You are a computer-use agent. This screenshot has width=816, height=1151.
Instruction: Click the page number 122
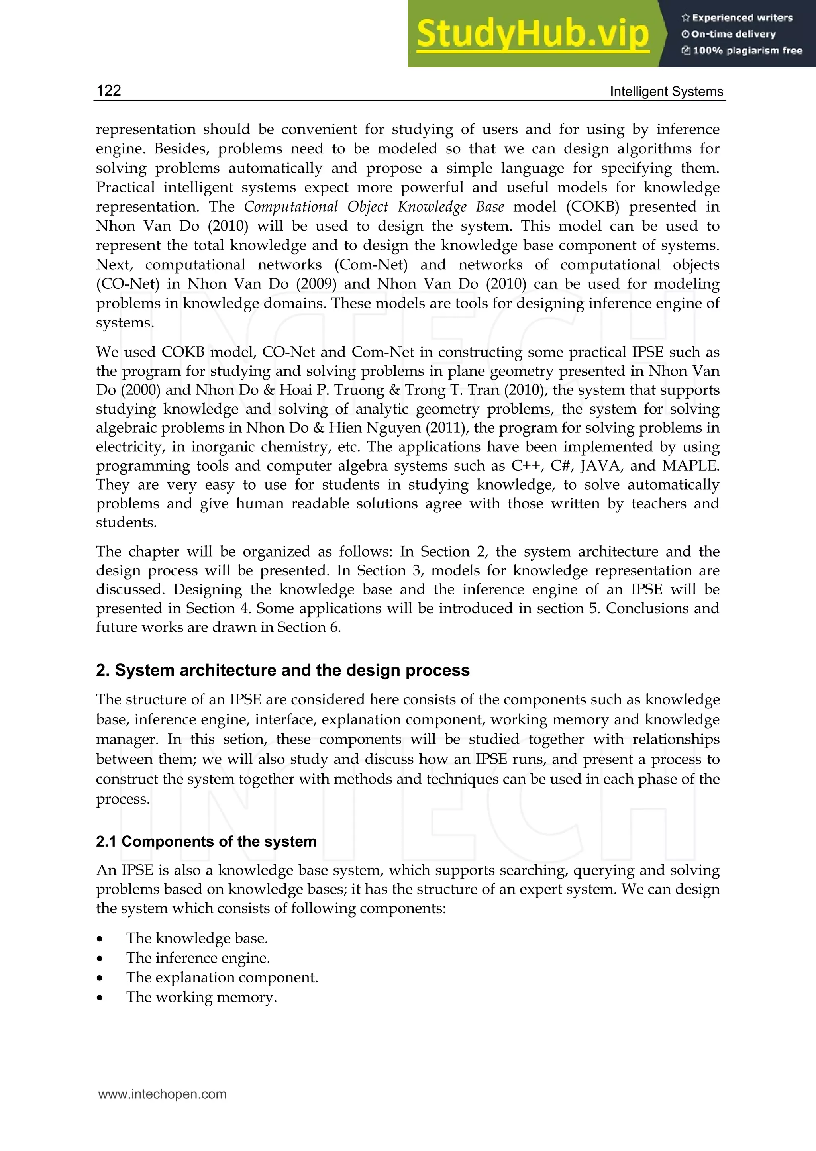tap(108, 90)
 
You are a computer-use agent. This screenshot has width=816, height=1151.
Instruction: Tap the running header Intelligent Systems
tap(666, 92)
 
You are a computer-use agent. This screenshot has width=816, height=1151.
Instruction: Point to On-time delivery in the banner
tap(733, 34)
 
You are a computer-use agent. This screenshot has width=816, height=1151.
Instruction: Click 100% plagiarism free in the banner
tap(747, 51)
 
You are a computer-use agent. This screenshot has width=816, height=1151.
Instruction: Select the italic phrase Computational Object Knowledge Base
tap(374, 206)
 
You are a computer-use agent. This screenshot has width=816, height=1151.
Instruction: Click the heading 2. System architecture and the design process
tap(282, 670)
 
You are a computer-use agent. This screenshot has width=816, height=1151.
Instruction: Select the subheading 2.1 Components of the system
tap(206, 841)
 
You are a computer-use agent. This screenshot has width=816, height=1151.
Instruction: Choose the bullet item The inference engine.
tap(198, 958)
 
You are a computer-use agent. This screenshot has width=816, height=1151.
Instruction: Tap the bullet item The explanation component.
tap(222, 977)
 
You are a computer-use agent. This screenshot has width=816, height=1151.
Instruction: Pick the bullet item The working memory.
tap(201, 997)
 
